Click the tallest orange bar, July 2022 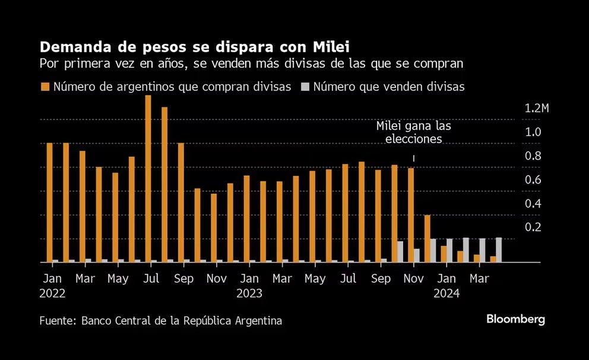[x=148, y=178]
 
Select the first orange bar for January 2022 [x=49, y=202]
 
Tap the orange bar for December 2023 [x=427, y=238]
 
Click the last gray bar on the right [x=499, y=250]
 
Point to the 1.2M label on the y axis [x=537, y=108]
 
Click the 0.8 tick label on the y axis [x=533, y=156]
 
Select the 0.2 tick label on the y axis [x=533, y=227]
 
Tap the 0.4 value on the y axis [x=533, y=203]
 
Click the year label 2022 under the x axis [x=53, y=293]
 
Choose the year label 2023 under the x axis [x=249, y=293]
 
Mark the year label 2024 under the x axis [x=446, y=293]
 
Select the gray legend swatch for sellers [x=305, y=87]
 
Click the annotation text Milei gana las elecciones [x=413, y=133]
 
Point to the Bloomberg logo [x=515, y=319]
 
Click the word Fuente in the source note [x=58, y=321]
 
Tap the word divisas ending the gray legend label [x=445, y=87]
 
